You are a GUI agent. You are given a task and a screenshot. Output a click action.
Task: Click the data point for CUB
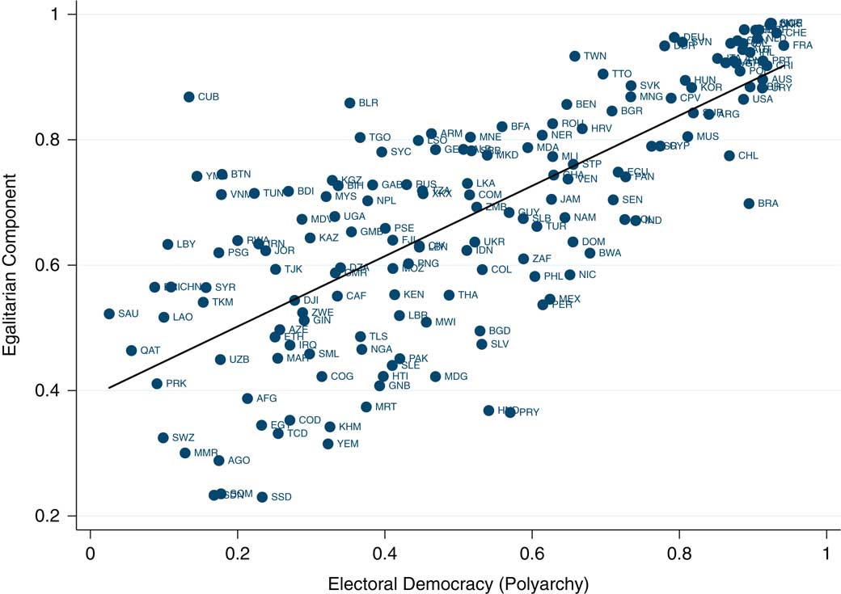[x=188, y=97]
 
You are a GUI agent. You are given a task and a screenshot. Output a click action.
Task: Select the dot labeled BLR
[x=349, y=103]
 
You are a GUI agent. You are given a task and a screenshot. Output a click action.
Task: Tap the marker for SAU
[x=109, y=314]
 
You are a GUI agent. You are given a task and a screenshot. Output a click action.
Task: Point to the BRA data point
[x=749, y=204]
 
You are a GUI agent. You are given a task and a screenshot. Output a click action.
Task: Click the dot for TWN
[x=574, y=57]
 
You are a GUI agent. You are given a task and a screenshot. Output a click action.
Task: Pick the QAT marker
[x=131, y=351]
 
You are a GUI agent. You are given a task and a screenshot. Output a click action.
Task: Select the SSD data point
[x=262, y=497]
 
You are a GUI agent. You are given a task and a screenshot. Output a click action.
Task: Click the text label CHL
[x=748, y=156]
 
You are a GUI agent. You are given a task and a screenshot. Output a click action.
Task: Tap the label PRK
[x=175, y=384]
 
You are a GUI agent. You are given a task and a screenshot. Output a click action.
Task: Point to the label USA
[x=763, y=99]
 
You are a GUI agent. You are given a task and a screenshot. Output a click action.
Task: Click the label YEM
[x=347, y=444]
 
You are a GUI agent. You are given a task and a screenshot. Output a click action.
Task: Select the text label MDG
[x=456, y=377]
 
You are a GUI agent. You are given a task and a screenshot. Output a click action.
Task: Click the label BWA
[x=610, y=253]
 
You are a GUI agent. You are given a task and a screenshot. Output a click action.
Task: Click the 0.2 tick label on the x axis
[x=237, y=557]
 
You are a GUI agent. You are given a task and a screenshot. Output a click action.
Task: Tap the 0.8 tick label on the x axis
[x=679, y=557]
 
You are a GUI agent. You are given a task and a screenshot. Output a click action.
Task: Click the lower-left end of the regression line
[x=109, y=388]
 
